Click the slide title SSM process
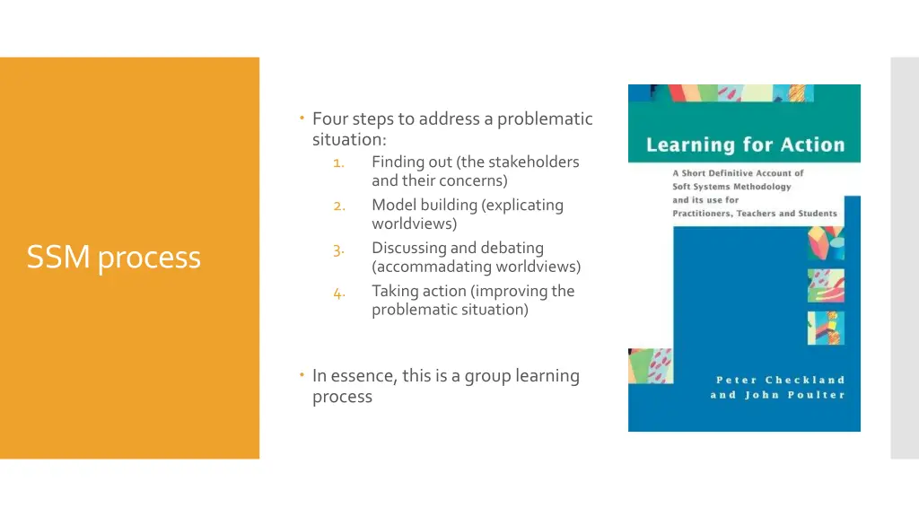(x=113, y=258)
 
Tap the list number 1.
(x=338, y=162)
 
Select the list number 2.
(x=338, y=206)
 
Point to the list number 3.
(x=338, y=249)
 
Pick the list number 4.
(x=338, y=292)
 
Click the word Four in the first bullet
(x=330, y=118)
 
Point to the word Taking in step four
(x=394, y=291)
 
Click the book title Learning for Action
(x=745, y=145)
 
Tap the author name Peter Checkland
(x=780, y=380)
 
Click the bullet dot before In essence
(x=302, y=374)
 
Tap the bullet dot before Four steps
(x=302, y=117)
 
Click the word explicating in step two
(x=524, y=205)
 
